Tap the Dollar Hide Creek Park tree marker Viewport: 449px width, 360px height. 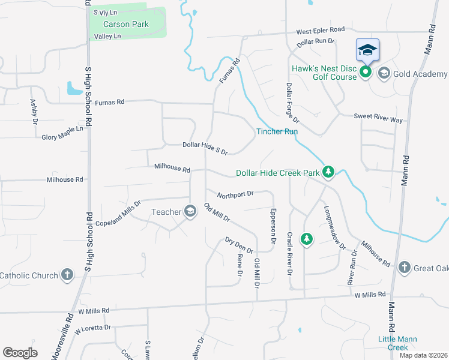pos(328,173)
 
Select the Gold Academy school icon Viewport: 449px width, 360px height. pos(384,73)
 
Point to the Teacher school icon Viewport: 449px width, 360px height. pos(190,211)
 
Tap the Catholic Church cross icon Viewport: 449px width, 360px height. pos(67,275)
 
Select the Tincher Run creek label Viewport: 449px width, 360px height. pos(277,131)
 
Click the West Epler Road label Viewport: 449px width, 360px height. pos(320,29)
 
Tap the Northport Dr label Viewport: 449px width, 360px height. pos(236,194)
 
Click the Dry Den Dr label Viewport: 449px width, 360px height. pos(239,245)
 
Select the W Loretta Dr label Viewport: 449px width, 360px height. pos(93,329)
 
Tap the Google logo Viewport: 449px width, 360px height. pos(20,352)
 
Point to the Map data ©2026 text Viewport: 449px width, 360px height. pos(423,355)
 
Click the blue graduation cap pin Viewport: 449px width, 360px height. pos(367,50)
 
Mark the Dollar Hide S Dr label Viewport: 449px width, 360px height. pos(205,148)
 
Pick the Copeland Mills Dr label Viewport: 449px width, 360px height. pos(118,213)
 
